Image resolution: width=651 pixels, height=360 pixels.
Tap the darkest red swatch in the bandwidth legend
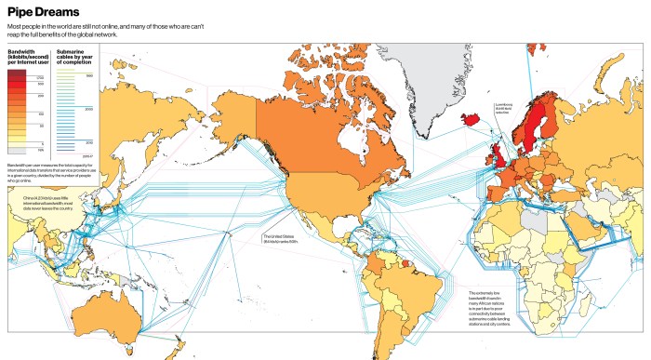(17, 72)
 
